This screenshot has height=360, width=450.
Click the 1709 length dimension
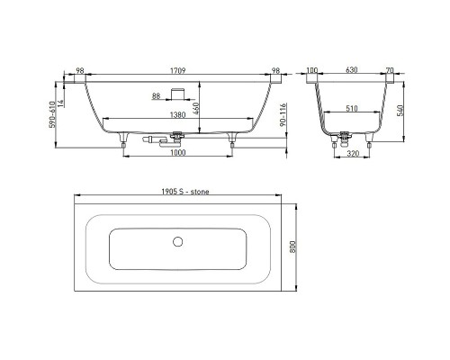(x=178, y=71)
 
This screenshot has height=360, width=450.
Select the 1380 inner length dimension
(x=178, y=114)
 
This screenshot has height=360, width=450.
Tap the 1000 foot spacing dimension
(x=178, y=152)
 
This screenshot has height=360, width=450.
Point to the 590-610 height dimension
(x=52, y=114)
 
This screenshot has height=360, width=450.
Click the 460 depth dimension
(x=196, y=108)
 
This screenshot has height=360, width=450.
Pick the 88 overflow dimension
(x=156, y=96)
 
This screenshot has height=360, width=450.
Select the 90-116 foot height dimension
(x=283, y=114)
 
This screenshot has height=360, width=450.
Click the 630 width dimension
(x=352, y=70)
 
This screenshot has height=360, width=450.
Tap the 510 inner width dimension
(x=352, y=108)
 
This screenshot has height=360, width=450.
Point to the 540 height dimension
(x=400, y=111)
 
